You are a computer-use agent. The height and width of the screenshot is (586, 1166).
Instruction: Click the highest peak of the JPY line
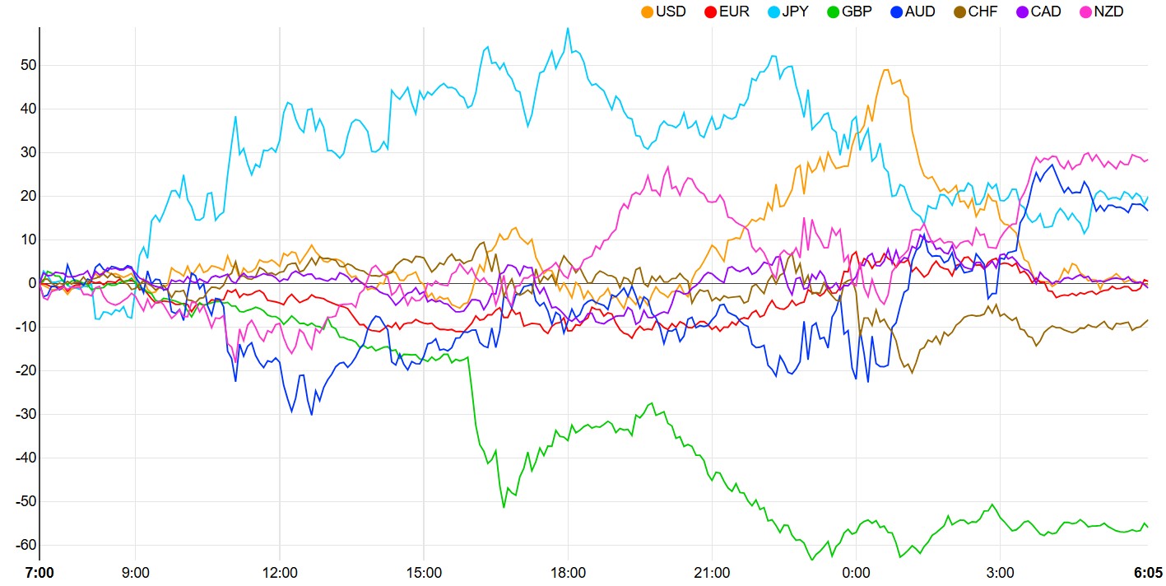point(568,28)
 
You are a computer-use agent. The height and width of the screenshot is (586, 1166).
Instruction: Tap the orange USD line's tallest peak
point(886,70)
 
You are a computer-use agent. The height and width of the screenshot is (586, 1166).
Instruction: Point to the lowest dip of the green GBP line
point(812,560)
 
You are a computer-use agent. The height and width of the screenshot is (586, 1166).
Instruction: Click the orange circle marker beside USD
point(647,12)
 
